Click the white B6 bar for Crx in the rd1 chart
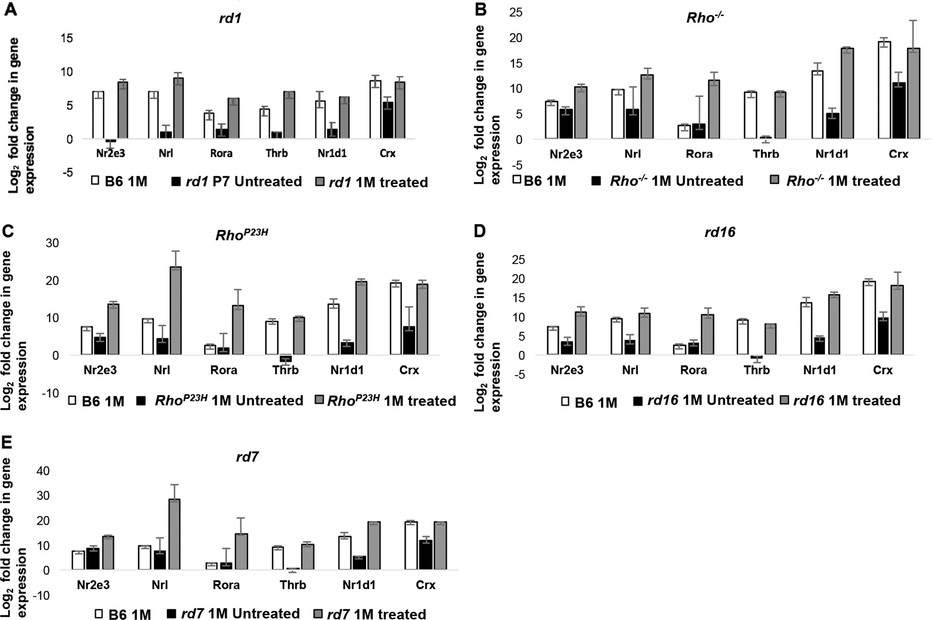(x=375, y=109)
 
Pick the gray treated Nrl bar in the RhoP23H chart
(x=176, y=311)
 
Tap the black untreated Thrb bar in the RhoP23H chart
(x=285, y=359)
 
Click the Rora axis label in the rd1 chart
(x=221, y=153)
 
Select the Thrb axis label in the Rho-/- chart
(x=766, y=154)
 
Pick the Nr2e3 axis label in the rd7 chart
(x=93, y=585)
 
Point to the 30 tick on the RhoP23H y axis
(x=52, y=243)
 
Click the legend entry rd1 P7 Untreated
(x=237, y=182)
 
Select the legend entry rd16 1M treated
(x=840, y=401)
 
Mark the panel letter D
(x=480, y=231)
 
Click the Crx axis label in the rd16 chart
(x=882, y=370)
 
